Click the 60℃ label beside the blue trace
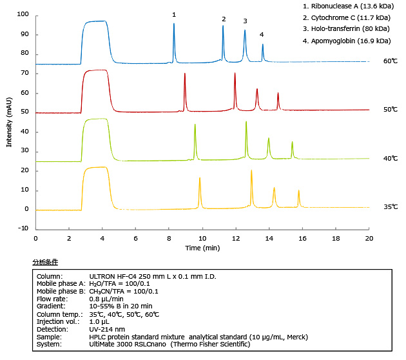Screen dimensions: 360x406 pos(390,62)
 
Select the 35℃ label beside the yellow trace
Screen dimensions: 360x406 pos(390,207)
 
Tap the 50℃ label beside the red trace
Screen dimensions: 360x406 pos(390,110)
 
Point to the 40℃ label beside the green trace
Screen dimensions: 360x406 pos(390,158)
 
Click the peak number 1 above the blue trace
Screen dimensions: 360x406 pos(174,14)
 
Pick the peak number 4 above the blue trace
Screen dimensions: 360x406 pos(262,34)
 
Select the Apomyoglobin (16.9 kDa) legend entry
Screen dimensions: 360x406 pos(347,41)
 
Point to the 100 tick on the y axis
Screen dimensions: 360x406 pos(23,14)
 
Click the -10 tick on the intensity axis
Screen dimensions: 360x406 pos(23,228)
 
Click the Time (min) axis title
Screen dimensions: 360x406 pos(202,248)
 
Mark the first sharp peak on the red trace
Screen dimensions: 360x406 pos(185,74)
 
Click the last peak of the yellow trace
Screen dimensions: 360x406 pos(298,191)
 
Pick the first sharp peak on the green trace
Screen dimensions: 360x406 pos(195,125)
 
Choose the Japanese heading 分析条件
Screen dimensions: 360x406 pos(45,262)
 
